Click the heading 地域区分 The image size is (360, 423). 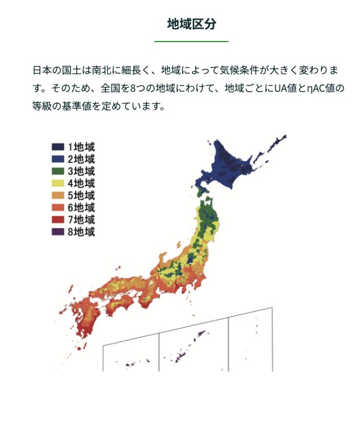tap(191, 24)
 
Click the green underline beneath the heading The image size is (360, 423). tap(191, 42)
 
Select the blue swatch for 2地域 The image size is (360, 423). tap(58, 159)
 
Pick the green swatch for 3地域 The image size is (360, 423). tap(58, 171)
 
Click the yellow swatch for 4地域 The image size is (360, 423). tap(58, 184)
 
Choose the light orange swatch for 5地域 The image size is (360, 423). tap(58, 195)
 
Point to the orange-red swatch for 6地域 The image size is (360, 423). tap(58, 208)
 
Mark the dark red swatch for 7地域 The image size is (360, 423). tap(58, 220)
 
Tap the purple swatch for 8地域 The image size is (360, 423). tap(58, 232)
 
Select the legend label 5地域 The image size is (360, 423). tap(81, 195)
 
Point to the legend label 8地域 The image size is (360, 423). tap(81, 232)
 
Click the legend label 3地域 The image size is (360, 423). tap(81, 171)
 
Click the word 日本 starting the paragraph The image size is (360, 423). tap(42, 71)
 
